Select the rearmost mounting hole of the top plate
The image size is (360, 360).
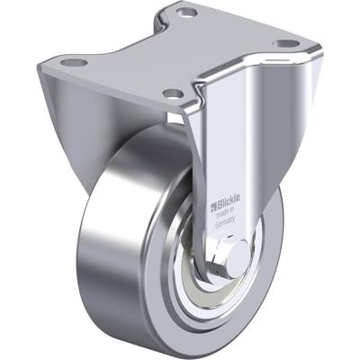(187, 13)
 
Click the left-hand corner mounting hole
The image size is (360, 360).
(75, 63)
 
